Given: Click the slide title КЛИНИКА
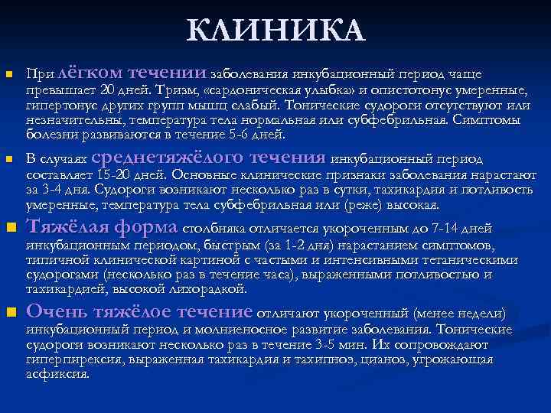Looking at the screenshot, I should pos(275,31).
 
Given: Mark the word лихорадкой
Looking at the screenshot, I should pos(208,289).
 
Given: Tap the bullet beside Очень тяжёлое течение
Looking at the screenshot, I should pos(8,313).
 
